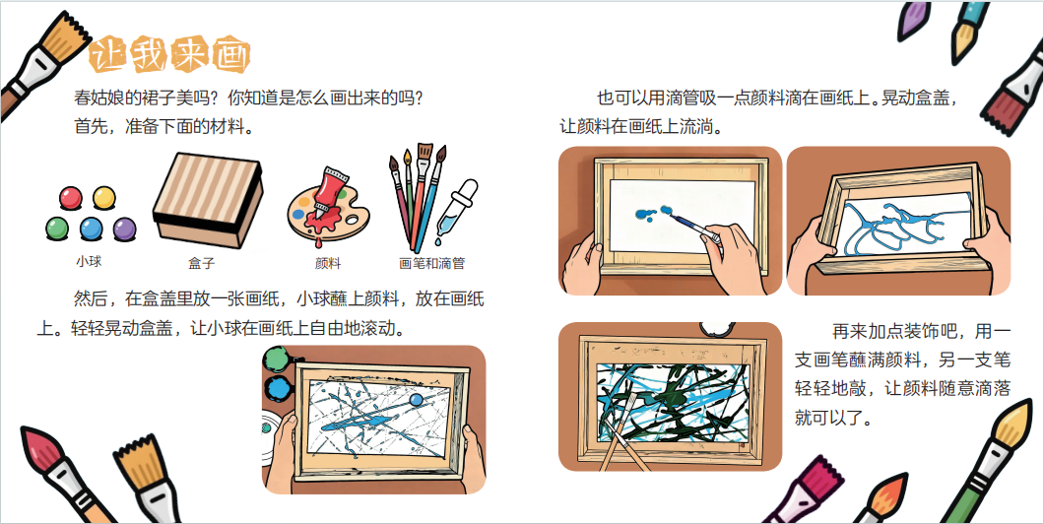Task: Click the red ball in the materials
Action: (x=71, y=198)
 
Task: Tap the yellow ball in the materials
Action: (x=103, y=198)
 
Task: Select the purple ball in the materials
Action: (x=124, y=229)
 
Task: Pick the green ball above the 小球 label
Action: (x=57, y=229)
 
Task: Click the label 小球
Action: (x=89, y=262)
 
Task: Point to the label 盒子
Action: (x=202, y=263)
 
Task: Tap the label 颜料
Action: (x=328, y=263)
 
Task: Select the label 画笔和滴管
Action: (x=432, y=263)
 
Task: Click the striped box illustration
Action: (x=208, y=199)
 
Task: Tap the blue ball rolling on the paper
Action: (x=417, y=400)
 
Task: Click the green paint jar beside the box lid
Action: (x=275, y=360)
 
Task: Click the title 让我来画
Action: (x=169, y=54)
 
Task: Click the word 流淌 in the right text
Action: (x=696, y=126)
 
